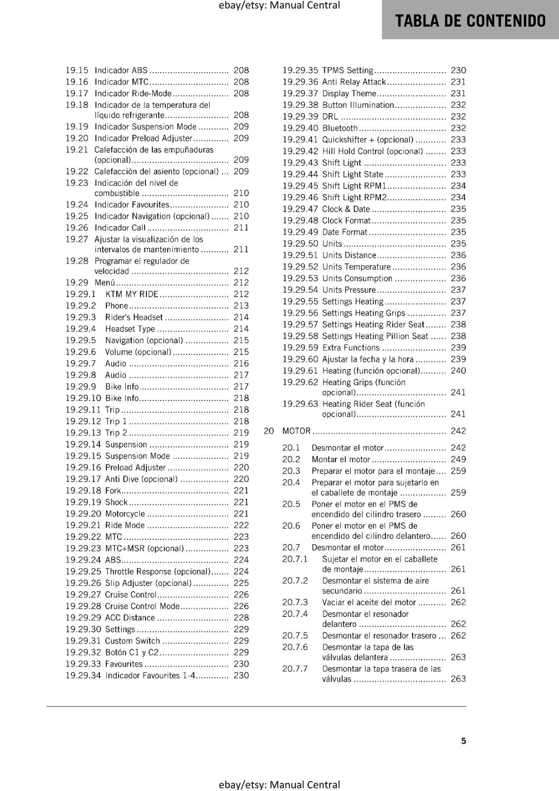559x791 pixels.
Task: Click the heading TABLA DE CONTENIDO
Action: (470, 21)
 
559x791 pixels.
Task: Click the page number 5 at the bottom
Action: (464, 741)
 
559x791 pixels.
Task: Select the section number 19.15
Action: (77, 70)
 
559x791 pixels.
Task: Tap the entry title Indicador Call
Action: (120, 228)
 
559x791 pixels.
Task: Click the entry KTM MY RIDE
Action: (132, 294)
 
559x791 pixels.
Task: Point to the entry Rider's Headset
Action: (134, 317)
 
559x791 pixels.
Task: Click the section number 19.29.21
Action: (83, 525)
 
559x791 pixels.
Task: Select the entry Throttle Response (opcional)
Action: (158, 571)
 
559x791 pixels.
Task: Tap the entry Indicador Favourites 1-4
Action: (150, 675)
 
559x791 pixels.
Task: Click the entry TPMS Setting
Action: (347, 70)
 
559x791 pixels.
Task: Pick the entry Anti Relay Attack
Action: (354, 82)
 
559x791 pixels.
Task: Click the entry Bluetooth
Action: (339, 128)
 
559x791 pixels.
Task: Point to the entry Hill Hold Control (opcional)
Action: (373, 151)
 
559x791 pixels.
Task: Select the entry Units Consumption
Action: (357, 278)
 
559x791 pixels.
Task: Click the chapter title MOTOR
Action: (296, 431)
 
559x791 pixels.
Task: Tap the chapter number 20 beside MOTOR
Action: (269, 431)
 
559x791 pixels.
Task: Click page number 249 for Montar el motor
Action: (458, 459)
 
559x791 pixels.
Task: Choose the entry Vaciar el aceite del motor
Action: (369, 602)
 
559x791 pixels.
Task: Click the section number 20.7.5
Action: (295, 636)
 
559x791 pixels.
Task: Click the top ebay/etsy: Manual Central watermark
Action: (279, 5)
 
